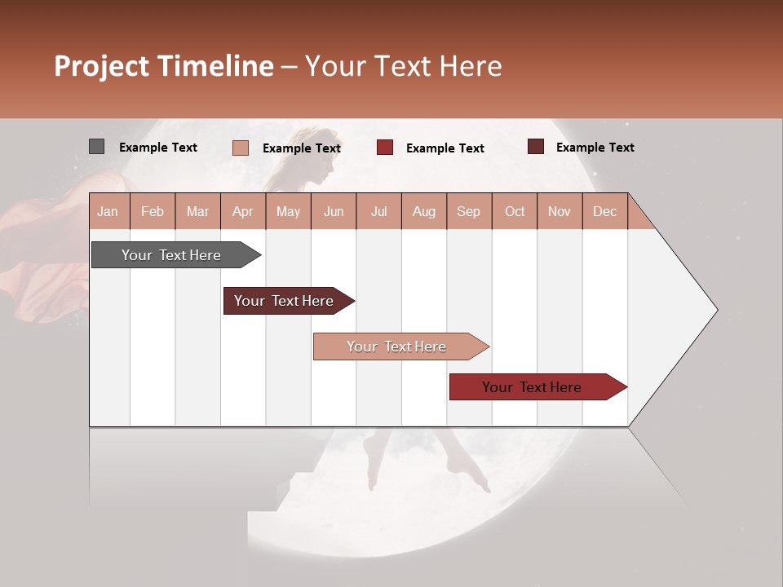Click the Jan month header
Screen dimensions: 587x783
click(x=108, y=211)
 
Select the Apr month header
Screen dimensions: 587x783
click(x=242, y=211)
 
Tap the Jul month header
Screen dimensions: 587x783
click(x=378, y=211)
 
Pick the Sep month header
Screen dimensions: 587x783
click(x=468, y=211)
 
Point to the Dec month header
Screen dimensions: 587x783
click(x=604, y=211)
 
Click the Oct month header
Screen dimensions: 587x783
click(x=515, y=211)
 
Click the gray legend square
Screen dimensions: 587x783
click(x=96, y=147)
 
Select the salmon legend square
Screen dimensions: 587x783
click(x=240, y=148)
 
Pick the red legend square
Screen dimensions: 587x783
click(x=385, y=148)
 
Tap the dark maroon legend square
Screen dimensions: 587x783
click(x=535, y=147)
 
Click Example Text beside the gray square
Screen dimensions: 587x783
click(x=158, y=148)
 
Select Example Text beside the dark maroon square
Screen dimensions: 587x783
click(x=595, y=148)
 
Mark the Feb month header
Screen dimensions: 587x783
click(x=153, y=211)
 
